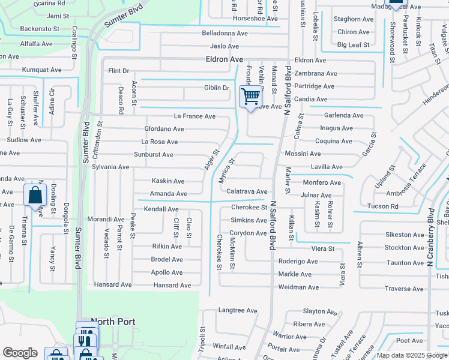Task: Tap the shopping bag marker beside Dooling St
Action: click(x=35, y=195)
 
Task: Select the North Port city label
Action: click(x=113, y=322)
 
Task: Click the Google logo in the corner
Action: click(x=20, y=353)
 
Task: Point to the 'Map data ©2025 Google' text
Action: click(x=412, y=355)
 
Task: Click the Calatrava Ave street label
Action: click(x=247, y=191)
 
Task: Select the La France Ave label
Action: click(x=194, y=116)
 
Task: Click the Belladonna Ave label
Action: click(x=224, y=34)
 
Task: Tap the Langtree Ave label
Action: click(x=238, y=310)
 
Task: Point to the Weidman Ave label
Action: click(x=298, y=287)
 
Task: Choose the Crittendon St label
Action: click(x=100, y=140)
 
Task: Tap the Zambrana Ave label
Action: click(x=316, y=73)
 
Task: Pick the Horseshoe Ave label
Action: click(x=255, y=19)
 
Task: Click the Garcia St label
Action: click(x=369, y=145)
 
